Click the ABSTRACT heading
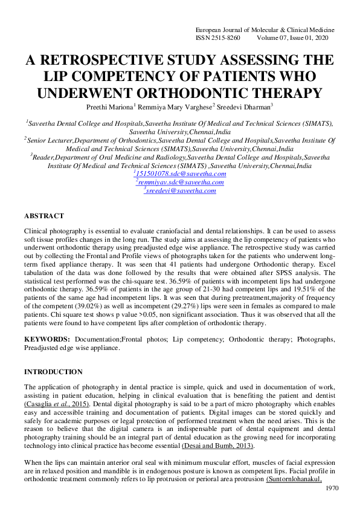(43, 216)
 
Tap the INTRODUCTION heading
(53, 372)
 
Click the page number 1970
(332, 488)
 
